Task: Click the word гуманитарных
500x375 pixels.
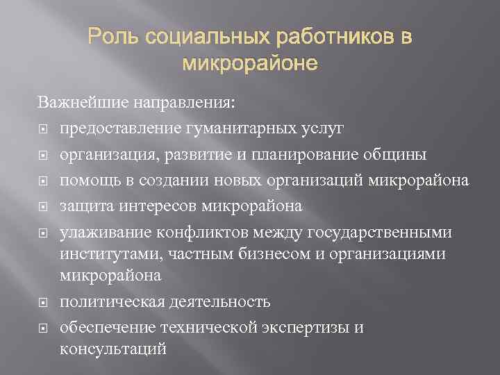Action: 235,128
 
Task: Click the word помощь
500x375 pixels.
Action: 87,181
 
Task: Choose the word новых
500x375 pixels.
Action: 219,181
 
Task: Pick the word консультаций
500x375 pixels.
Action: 113,349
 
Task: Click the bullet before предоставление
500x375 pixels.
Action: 43,129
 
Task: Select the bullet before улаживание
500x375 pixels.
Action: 43,232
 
